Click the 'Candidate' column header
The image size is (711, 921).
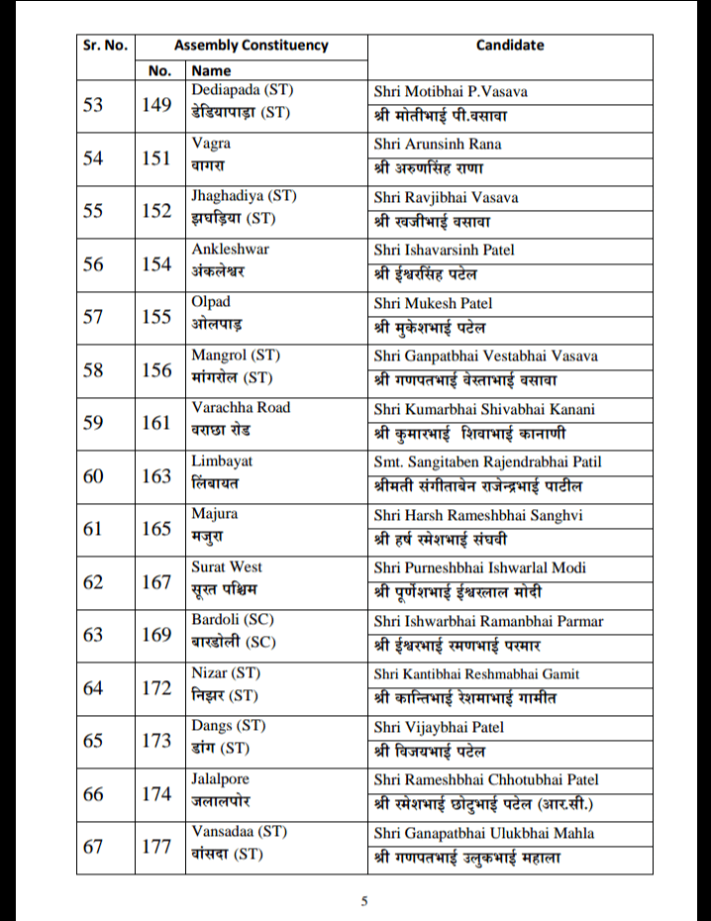[x=509, y=46]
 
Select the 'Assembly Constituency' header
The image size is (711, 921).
[x=251, y=46]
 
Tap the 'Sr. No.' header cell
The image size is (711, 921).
[x=105, y=46]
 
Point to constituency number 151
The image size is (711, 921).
[x=156, y=157]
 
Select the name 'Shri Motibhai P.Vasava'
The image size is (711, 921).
[x=451, y=92]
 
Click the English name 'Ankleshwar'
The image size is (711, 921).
[x=230, y=250]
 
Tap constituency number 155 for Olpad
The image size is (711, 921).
[x=156, y=316]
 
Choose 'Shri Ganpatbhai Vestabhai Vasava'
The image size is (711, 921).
[x=486, y=357]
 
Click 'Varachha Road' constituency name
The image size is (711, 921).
[x=241, y=408]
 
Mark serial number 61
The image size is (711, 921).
[x=93, y=528]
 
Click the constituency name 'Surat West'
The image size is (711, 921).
[x=227, y=567]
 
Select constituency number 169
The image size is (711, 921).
[x=156, y=634]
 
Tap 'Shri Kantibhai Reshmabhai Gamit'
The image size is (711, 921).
[x=477, y=674]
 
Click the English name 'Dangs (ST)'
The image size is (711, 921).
[x=225, y=726]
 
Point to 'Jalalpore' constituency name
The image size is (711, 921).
[x=221, y=779]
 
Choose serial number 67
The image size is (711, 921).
[x=93, y=846]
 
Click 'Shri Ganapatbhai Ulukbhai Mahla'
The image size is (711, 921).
[x=484, y=834]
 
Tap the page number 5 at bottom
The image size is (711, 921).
[x=363, y=900]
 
